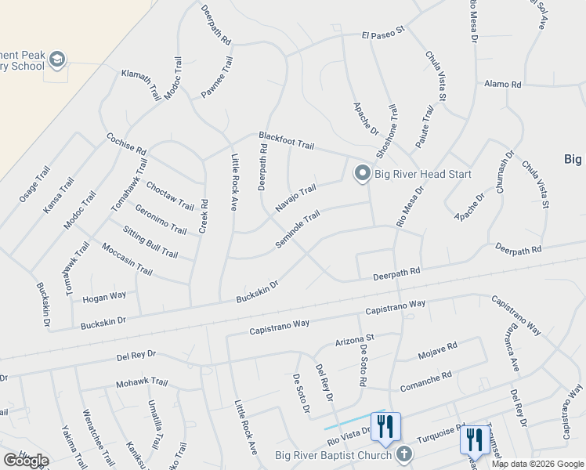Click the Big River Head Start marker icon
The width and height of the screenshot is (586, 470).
click(x=362, y=173)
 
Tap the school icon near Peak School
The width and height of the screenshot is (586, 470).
click(x=56, y=60)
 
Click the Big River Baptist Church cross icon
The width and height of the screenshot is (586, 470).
click(x=403, y=454)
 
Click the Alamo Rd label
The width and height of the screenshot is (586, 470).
click(x=502, y=83)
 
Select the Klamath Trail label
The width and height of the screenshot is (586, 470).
click(x=140, y=84)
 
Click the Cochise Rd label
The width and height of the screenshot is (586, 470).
click(x=126, y=143)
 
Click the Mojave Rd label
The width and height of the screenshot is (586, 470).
click(x=437, y=349)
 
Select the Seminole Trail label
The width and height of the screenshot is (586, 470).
click(x=298, y=229)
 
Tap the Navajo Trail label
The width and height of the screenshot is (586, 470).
click(x=295, y=198)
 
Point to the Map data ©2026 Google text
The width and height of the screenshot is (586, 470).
click(x=537, y=464)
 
